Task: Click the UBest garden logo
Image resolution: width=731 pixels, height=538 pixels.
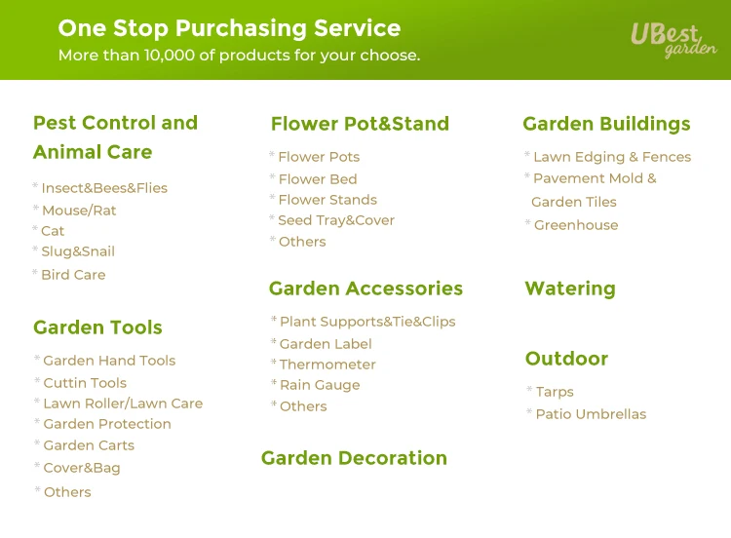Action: [x=673, y=40]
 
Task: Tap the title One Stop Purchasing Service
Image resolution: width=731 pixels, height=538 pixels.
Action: [x=229, y=28]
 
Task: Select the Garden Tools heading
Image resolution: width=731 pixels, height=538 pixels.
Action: [x=97, y=327]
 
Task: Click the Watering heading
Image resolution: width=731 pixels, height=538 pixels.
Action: [x=570, y=288]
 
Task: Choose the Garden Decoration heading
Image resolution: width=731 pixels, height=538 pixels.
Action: [x=355, y=458]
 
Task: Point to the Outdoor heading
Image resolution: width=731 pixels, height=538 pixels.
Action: [x=566, y=359]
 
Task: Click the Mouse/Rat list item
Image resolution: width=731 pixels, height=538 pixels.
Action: [x=79, y=211]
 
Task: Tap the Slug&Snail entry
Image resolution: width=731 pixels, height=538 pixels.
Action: [x=78, y=251]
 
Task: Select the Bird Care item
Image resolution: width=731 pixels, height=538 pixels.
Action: [x=73, y=275]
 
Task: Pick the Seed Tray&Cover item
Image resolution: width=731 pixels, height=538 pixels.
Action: [x=336, y=220]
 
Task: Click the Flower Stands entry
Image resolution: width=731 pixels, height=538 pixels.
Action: [x=327, y=200]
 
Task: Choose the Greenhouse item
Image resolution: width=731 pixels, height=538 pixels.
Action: [x=576, y=225]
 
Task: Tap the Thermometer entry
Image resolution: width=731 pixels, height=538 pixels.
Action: [x=327, y=365]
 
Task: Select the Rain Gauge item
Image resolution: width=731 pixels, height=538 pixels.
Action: [x=320, y=385]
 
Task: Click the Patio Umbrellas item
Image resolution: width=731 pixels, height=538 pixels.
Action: [x=592, y=414]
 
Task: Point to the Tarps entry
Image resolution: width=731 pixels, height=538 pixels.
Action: [x=555, y=392]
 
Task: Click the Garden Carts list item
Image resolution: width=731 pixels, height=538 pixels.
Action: [x=89, y=445]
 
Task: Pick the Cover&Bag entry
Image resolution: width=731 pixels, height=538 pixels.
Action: [x=82, y=468]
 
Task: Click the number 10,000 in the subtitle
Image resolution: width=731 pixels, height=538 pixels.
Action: [x=170, y=55]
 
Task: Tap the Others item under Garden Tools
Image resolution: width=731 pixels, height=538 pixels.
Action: [x=67, y=492]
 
